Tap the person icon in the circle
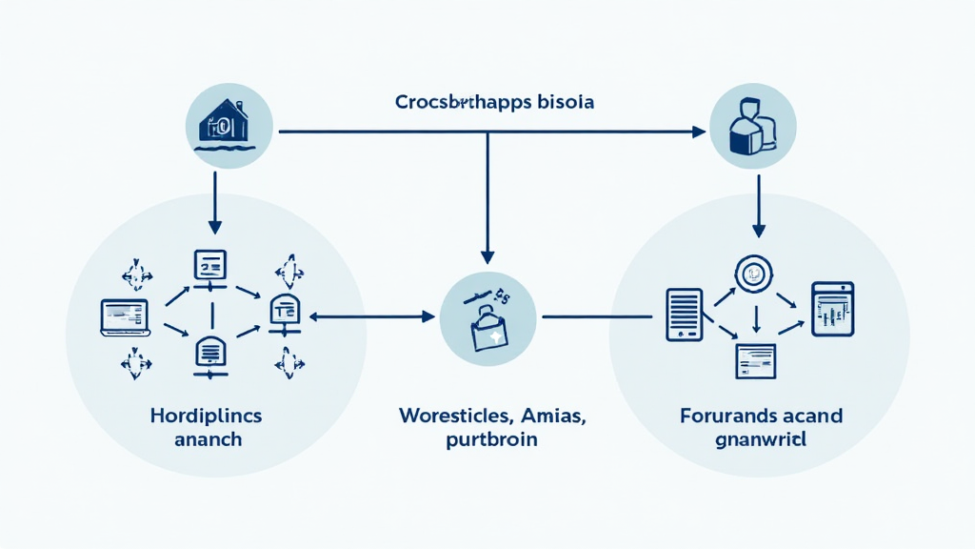tap(750, 126)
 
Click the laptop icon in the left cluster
tap(125, 317)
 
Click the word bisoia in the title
tap(564, 102)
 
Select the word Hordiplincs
tap(206, 416)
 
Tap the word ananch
tap(209, 439)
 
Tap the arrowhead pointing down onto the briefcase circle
tap(487, 256)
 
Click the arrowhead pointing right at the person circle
tap(698, 132)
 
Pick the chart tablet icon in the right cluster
tap(832, 309)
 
